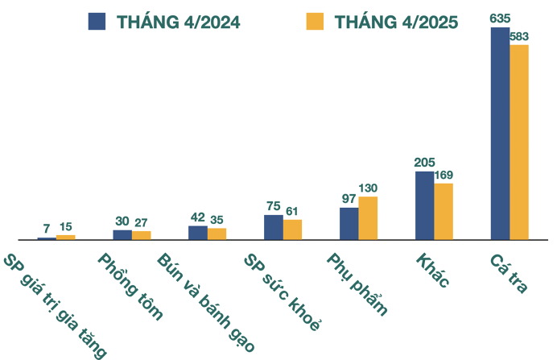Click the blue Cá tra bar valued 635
tap(500, 133)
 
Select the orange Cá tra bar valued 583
tap(519, 142)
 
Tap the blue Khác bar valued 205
tap(424, 205)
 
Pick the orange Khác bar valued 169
tap(444, 211)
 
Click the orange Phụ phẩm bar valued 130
tap(368, 217)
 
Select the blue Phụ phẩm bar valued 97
tap(349, 223)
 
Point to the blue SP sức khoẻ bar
tap(273, 227)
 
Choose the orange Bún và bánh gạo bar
tap(217, 234)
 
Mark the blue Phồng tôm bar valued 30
tap(122, 234)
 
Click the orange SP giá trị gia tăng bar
tap(65, 237)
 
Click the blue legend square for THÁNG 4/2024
tap(97, 22)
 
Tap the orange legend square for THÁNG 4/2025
tap(316, 22)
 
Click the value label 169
tap(444, 174)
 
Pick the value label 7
tap(47, 229)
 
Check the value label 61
tap(292, 211)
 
